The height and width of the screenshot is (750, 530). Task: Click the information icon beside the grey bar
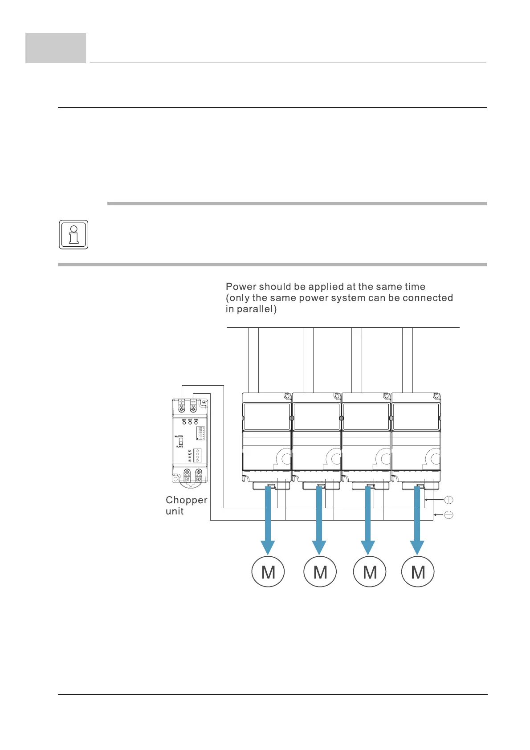tap(73, 234)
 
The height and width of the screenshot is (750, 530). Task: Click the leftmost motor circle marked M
tap(268, 571)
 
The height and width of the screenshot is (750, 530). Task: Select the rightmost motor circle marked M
tap(418, 571)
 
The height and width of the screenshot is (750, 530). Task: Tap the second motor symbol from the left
tap(320, 571)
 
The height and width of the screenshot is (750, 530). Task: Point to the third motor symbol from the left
tap(369, 571)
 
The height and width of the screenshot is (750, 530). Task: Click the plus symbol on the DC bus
tap(449, 500)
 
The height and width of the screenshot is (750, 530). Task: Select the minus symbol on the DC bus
tap(449, 515)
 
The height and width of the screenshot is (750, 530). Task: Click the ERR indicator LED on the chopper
tap(184, 422)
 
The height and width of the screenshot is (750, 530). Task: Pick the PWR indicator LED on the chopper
tap(196, 422)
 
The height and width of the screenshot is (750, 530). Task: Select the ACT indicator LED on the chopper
tap(190, 422)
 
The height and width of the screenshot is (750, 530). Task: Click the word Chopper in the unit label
tap(186, 500)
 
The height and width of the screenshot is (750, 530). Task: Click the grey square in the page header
tap(56, 48)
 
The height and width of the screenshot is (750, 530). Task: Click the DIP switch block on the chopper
tap(200, 433)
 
